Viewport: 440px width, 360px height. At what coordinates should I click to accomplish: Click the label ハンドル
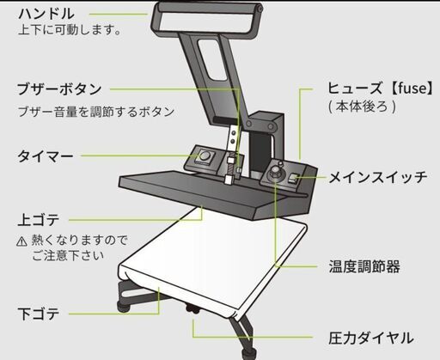point(46,14)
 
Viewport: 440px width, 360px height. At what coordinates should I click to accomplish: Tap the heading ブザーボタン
point(59,89)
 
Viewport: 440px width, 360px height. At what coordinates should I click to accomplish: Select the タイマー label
point(46,156)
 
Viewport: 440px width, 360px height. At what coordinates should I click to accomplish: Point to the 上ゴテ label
point(39,220)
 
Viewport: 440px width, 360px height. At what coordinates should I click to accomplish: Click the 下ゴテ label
point(39,314)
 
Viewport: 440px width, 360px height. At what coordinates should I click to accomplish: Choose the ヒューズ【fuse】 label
point(380,88)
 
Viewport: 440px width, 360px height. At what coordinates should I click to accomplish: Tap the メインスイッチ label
point(377,178)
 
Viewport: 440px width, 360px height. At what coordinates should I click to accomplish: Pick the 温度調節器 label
point(364,266)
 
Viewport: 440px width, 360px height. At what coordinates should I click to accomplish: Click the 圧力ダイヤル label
point(371,338)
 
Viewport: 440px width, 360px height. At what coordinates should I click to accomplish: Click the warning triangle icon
point(21,241)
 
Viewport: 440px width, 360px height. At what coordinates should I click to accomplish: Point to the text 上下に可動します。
point(69,30)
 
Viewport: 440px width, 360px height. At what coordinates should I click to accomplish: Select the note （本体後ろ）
point(363,107)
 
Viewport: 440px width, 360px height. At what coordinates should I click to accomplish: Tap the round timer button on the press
point(205,156)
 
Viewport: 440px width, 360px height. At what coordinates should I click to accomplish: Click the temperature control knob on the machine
point(274,173)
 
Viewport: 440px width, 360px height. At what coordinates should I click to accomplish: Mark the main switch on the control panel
point(294,179)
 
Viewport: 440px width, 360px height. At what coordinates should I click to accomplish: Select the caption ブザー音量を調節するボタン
point(96,112)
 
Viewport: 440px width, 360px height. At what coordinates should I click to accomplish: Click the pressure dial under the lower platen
point(192,308)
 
